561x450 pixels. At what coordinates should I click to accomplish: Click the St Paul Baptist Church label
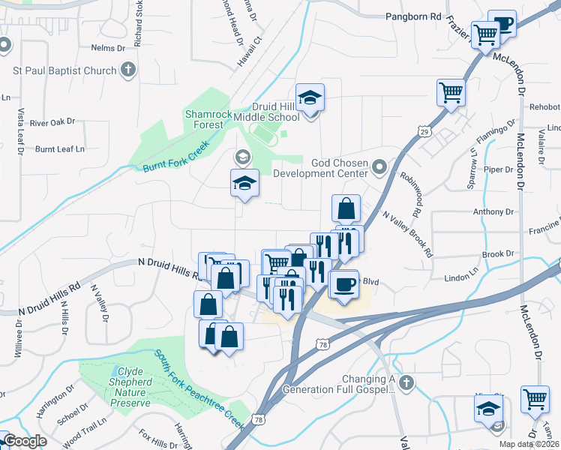[x=64, y=71]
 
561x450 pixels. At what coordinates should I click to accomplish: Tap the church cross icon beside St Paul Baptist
[x=128, y=70]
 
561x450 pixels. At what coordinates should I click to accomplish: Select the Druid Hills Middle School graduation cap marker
[x=309, y=97]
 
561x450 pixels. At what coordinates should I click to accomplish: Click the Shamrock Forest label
[x=204, y=119]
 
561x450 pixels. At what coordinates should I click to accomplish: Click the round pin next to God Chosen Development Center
[x=379, y=166]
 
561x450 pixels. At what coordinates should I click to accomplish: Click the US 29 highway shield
[x=425, y=132]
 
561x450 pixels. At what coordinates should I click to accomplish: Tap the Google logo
[x=25, y=441]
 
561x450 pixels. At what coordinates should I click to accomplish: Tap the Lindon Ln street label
[x=462, y=277]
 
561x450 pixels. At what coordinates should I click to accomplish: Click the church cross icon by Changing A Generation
[x=406, y=383]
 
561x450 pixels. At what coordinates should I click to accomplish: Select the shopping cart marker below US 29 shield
[x=451, y=93]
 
